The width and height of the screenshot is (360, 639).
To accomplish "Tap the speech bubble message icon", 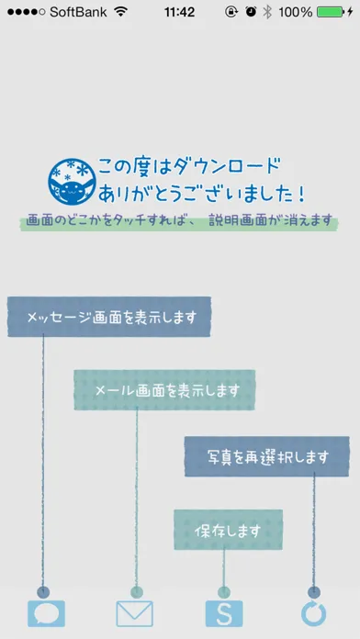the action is point(46,613).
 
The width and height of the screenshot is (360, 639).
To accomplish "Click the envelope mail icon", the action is point(135,613).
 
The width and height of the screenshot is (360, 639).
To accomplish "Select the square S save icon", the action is point(224,613).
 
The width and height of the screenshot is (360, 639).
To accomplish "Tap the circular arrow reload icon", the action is point(313,613).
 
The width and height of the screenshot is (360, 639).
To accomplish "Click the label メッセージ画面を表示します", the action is point(112,317).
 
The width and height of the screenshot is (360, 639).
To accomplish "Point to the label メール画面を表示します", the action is point(167,390).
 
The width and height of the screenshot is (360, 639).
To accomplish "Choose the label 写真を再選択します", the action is point(267,457).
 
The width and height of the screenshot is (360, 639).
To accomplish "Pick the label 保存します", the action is point(228,530).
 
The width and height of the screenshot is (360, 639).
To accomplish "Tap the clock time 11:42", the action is point(179,12).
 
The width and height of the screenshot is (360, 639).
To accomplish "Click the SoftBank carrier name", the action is point(78,12).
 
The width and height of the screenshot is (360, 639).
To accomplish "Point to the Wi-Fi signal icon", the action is point(121,12).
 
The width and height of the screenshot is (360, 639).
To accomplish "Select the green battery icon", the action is point(331,12).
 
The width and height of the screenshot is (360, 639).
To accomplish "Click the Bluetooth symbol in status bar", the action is point(267,12).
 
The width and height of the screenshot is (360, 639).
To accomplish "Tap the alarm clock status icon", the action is point(251,12).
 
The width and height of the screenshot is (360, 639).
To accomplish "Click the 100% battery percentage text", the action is point(295,12).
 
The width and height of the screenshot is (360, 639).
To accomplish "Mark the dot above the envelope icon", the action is point(137,592).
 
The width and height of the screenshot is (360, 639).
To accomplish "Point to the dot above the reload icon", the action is point(314,592).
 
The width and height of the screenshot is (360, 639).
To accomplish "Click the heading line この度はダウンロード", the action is point(189,167).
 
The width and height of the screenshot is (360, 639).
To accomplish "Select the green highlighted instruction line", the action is point(179,221).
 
